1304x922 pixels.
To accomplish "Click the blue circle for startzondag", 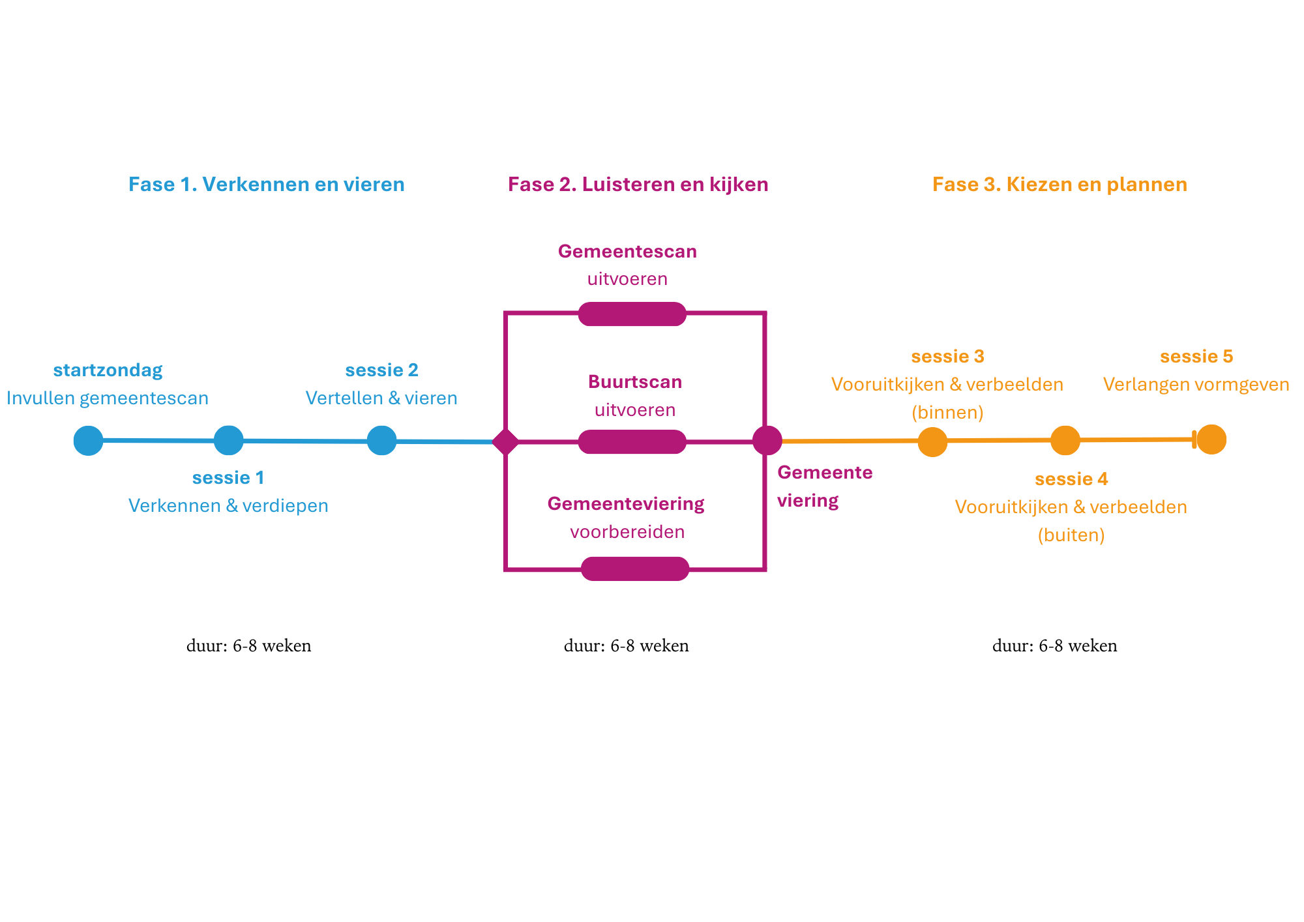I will tap(88, 440).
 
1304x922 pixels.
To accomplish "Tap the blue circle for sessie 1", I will tap(229, 440).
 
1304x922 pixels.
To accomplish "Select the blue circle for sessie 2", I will tap(382, 440).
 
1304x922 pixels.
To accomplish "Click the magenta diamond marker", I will tap(505, 441).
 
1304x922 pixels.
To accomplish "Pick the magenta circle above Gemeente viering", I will tap(767, 440).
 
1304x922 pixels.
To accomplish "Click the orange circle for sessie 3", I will tap(932, 442).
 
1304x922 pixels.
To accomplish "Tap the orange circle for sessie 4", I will tap(1065, 440).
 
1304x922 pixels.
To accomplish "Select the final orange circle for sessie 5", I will tap(1212, 439).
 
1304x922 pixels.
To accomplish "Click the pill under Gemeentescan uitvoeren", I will tap(632, 314).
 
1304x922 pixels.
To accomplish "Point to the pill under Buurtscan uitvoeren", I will tap(632, 441).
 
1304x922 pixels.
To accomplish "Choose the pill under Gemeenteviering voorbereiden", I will tap(635, 569).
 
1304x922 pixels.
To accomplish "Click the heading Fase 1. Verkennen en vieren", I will tap(267, 185).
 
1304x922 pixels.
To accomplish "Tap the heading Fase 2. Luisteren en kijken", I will tap(638, 185).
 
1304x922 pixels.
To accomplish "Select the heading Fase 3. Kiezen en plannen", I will tap(1059, 185).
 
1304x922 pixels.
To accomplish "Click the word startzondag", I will tap(108, 370).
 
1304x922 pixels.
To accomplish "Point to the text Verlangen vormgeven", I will tap(1196, 385).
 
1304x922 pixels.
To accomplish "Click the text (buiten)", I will tap(1071, 535).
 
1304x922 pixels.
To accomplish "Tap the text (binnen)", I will tap(947, 413).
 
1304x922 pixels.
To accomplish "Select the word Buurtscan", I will tap(634, 382).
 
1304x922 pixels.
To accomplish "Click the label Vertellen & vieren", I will tap(381, 398).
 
